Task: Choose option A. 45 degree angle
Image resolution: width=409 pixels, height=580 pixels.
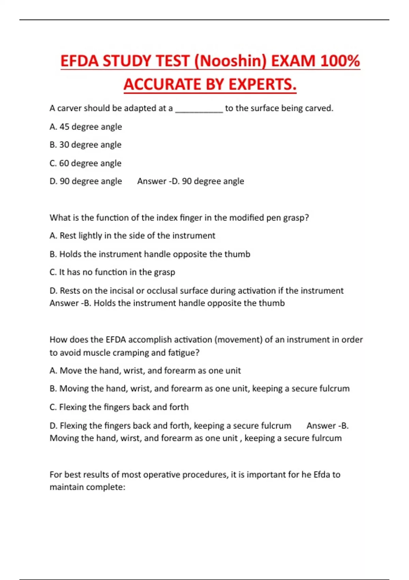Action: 86,127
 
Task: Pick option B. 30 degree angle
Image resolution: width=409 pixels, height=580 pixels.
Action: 85,145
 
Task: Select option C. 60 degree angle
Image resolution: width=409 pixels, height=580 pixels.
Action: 85,163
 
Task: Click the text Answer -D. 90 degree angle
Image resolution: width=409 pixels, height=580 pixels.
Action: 191,181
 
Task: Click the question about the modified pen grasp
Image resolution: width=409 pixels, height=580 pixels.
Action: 179,218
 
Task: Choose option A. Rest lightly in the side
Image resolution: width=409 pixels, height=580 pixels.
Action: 132,236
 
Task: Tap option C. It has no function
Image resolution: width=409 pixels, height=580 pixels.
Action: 112,272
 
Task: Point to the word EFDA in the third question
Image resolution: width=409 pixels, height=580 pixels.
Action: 116,340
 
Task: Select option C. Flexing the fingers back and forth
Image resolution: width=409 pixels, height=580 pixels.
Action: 119,407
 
